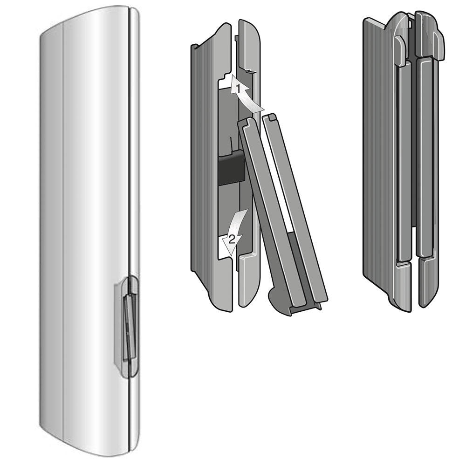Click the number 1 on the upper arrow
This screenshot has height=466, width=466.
point(237,87)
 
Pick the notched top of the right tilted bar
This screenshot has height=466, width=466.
point(271,118)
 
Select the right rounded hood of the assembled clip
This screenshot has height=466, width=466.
point(430,33)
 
